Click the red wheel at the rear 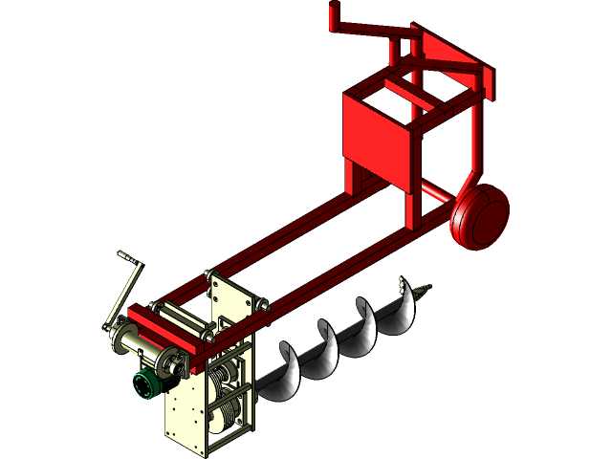pyautogui.click(x=481, y=216)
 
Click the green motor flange pyautogui.click(x=146, y=385)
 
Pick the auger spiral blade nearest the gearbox pyautogui.click(x=286, y=368)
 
